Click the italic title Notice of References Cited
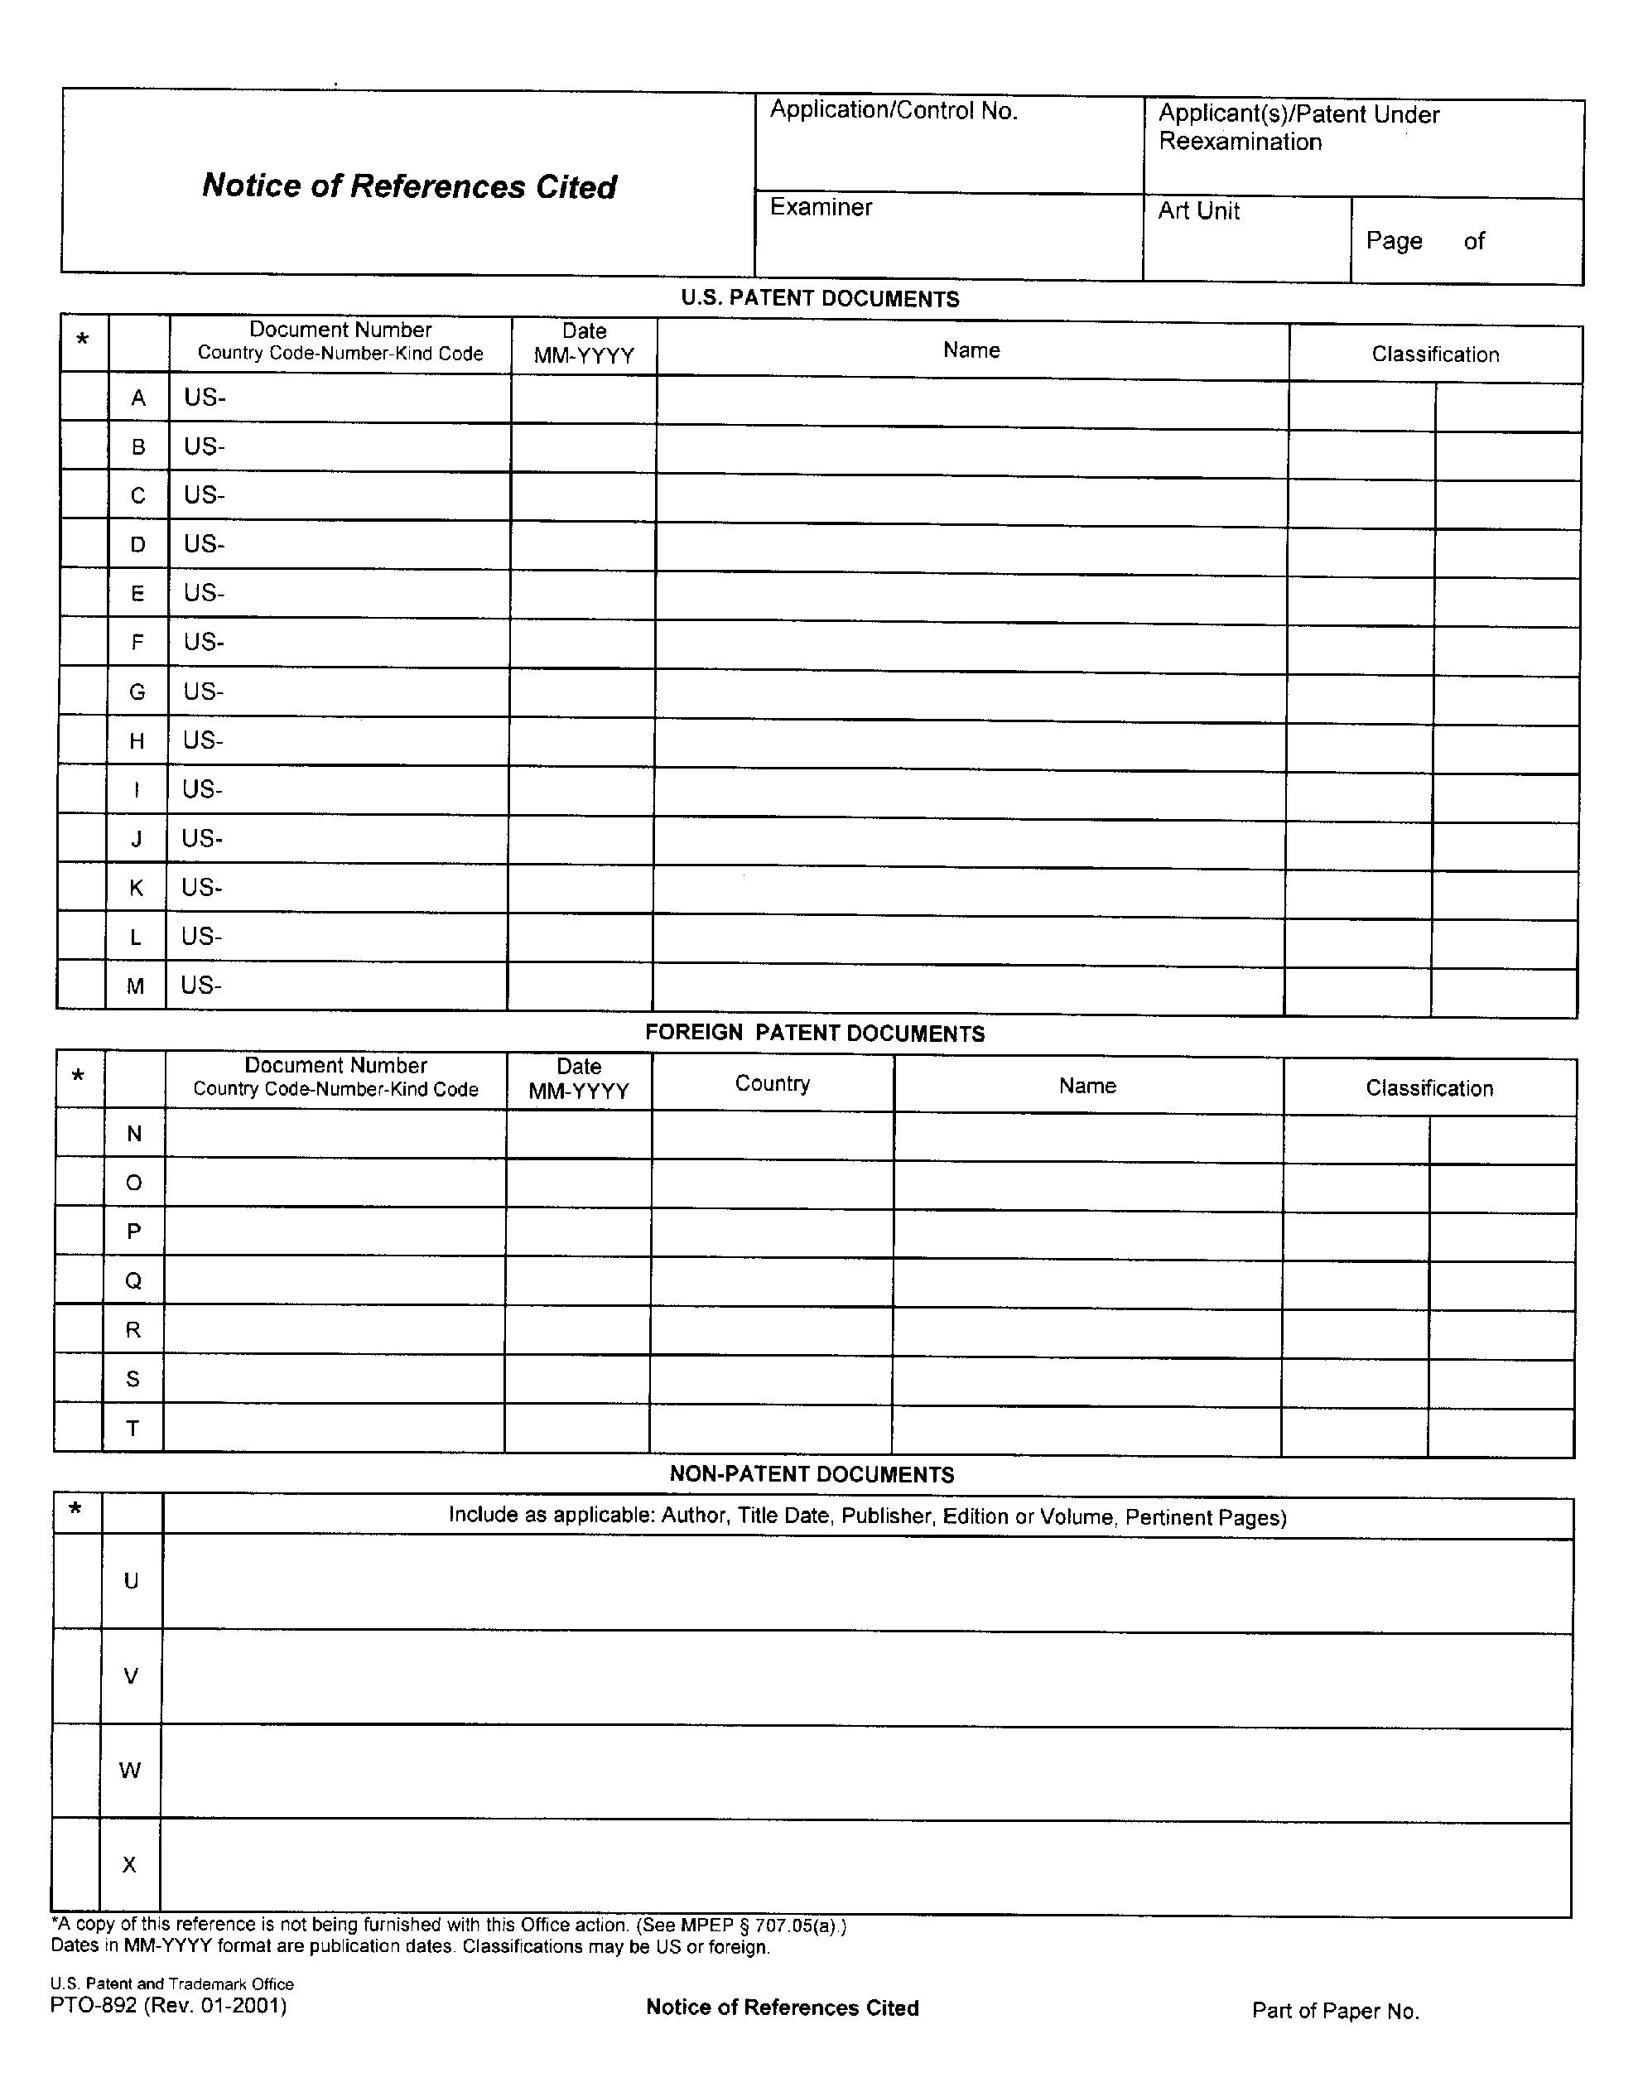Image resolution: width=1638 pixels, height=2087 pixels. [x=409, y=186]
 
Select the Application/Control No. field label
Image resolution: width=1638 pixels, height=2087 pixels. [x=893, y=111]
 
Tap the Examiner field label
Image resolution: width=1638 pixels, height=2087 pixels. [x=821, y=207]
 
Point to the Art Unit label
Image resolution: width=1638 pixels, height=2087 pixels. [x=1199, y=211]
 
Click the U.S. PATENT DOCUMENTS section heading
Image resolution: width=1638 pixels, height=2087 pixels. [x=820, y=299]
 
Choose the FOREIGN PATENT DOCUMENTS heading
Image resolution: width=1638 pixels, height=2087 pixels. [x=814, y=1033]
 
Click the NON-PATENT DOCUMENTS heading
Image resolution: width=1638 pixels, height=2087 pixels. [x=812, y=1475]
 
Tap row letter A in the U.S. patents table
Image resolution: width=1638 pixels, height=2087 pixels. [x=138, y=398]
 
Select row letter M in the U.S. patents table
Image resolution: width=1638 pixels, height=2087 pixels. [x=135, y=986]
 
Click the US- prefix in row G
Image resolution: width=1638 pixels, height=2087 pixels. [x=204, y=692]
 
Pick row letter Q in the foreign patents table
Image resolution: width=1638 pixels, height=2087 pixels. [x=133, y=1281]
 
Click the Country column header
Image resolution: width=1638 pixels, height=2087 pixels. [x=772, y=1084]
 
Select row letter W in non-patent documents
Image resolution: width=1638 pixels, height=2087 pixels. [x=130, y=1771]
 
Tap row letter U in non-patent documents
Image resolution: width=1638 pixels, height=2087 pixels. [x=132, y=1582]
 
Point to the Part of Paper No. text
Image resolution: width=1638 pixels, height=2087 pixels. [x=1335, y=2012]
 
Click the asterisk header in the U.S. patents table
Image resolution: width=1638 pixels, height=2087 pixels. [x=83, y=340]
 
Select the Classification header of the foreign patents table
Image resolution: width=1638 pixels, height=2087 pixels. [x=1429, y=1088]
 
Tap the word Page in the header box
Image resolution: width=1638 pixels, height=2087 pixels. [x=1394, y=241]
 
